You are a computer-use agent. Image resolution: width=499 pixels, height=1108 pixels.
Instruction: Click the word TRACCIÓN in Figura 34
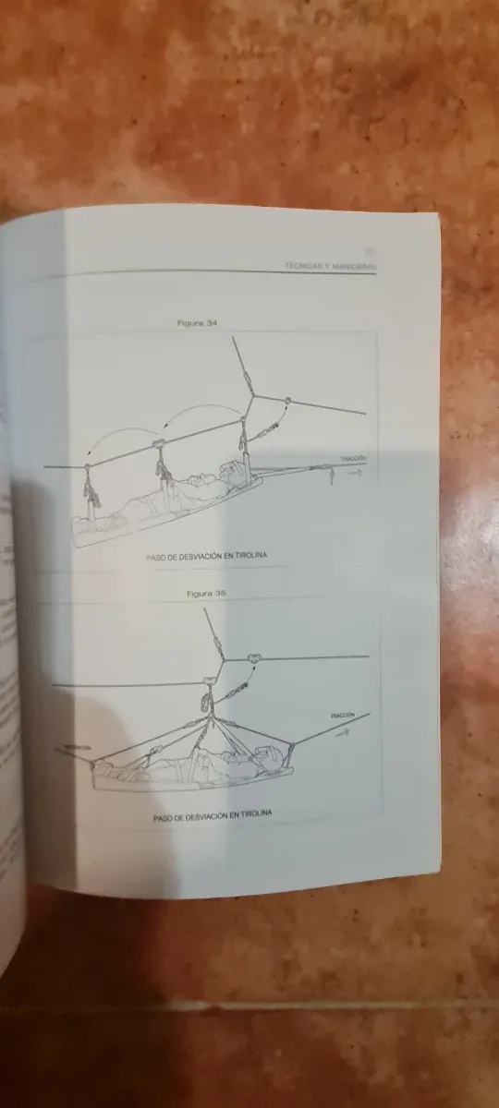[354, 458]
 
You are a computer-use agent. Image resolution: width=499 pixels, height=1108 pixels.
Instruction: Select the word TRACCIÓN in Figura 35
[340, 717]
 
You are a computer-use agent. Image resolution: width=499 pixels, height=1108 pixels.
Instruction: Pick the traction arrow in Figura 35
[345, 729]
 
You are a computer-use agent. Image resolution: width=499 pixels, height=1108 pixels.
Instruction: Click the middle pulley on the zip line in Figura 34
[158, 448]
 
